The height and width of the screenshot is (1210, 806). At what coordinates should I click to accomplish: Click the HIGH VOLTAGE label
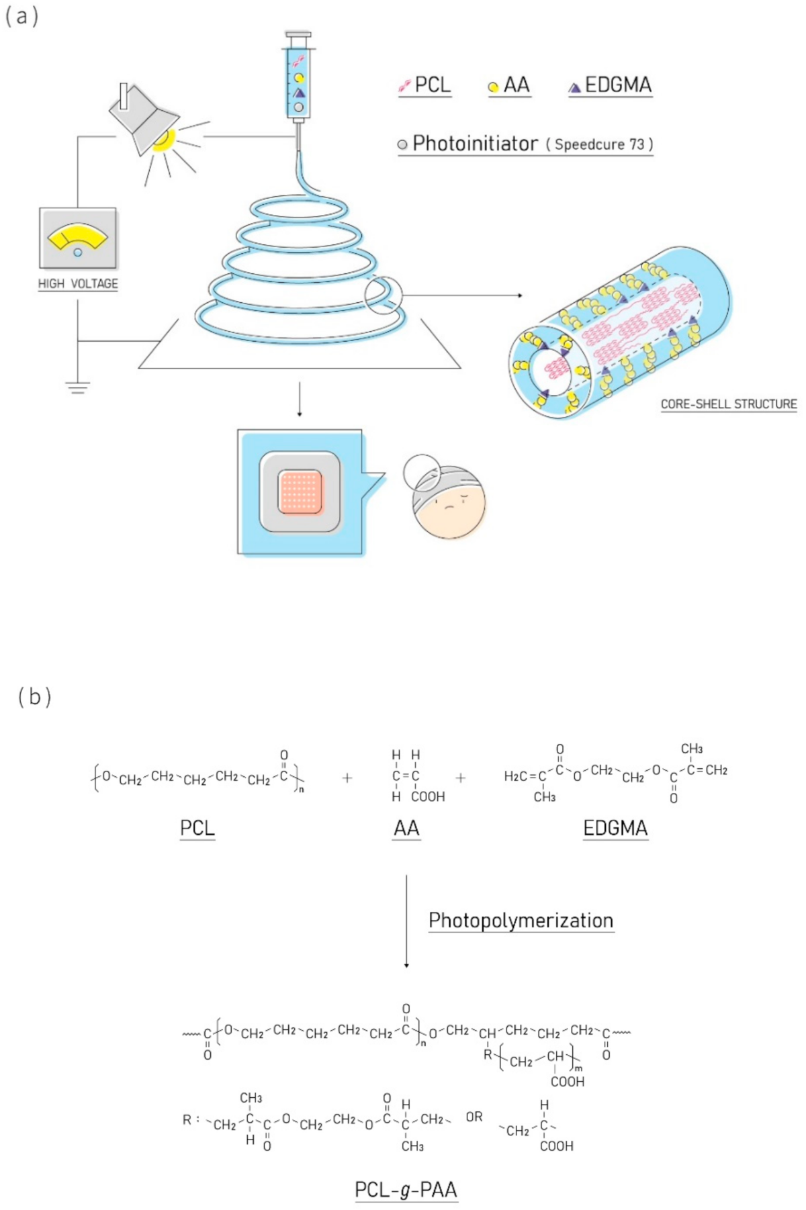[78, 284]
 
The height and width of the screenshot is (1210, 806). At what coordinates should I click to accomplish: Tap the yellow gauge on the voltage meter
[77, 237]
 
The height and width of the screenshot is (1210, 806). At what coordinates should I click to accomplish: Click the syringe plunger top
[298, 34]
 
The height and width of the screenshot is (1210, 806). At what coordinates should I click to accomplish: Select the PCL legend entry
[425, 85]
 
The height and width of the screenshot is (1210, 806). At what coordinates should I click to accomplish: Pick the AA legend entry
[510, 85]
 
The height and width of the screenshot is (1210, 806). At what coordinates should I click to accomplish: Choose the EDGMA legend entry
[611, 85]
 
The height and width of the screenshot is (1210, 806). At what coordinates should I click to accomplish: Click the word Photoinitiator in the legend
[475, 144]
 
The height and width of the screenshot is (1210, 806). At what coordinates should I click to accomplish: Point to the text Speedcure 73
[599, 144]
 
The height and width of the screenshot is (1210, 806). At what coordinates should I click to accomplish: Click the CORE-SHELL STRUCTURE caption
[729, 404]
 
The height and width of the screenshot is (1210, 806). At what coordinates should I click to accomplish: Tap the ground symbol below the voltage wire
[77, 387]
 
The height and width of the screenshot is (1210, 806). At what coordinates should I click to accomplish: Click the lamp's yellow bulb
[164, 140]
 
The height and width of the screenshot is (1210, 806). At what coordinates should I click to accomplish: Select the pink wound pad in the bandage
[300, 492]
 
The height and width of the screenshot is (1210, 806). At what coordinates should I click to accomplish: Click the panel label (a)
[21, 16]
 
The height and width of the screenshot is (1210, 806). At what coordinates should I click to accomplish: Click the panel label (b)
[34, 697]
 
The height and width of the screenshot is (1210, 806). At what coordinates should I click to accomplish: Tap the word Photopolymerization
[521, 920]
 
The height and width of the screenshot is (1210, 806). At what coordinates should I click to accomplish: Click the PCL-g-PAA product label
[406, 1190]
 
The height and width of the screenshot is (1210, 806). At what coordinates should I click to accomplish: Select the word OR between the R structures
[474, 1117]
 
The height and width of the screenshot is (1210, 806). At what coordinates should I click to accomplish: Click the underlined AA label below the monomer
[406, 829]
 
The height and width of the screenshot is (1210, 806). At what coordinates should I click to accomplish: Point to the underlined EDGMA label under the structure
[615, 829]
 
